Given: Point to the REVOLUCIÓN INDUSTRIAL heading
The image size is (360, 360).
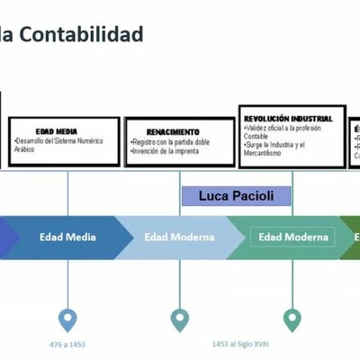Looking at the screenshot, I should pyautogui.click(x=288, y=118).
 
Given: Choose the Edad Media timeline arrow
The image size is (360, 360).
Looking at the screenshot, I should pyautogui.click(x=68, y=238).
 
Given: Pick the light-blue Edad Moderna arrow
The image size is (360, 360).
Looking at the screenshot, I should pyautogui.click(x=179, y=238).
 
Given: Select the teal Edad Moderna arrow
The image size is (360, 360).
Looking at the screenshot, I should pyautogui.click(x=292, y=238).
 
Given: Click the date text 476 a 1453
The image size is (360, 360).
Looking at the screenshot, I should pyautogui.click(x=67, y=344).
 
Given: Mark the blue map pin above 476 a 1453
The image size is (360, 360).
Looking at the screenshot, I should pyautogui.click(x=67, y=319).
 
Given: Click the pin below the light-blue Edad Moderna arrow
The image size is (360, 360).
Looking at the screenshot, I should pyautogui.click(x=180, y=319).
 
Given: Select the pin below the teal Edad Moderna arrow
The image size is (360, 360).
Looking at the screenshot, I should pyautogui.click(x=292, y=319).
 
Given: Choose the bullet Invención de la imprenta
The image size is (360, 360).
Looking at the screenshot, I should pyautogui.click(x=166, y=150).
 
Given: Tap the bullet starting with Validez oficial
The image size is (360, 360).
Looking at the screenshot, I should pyautogui.click(x=286, y=131).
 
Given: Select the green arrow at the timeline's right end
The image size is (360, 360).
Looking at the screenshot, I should pyautogui.click(x=350, y=238).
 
